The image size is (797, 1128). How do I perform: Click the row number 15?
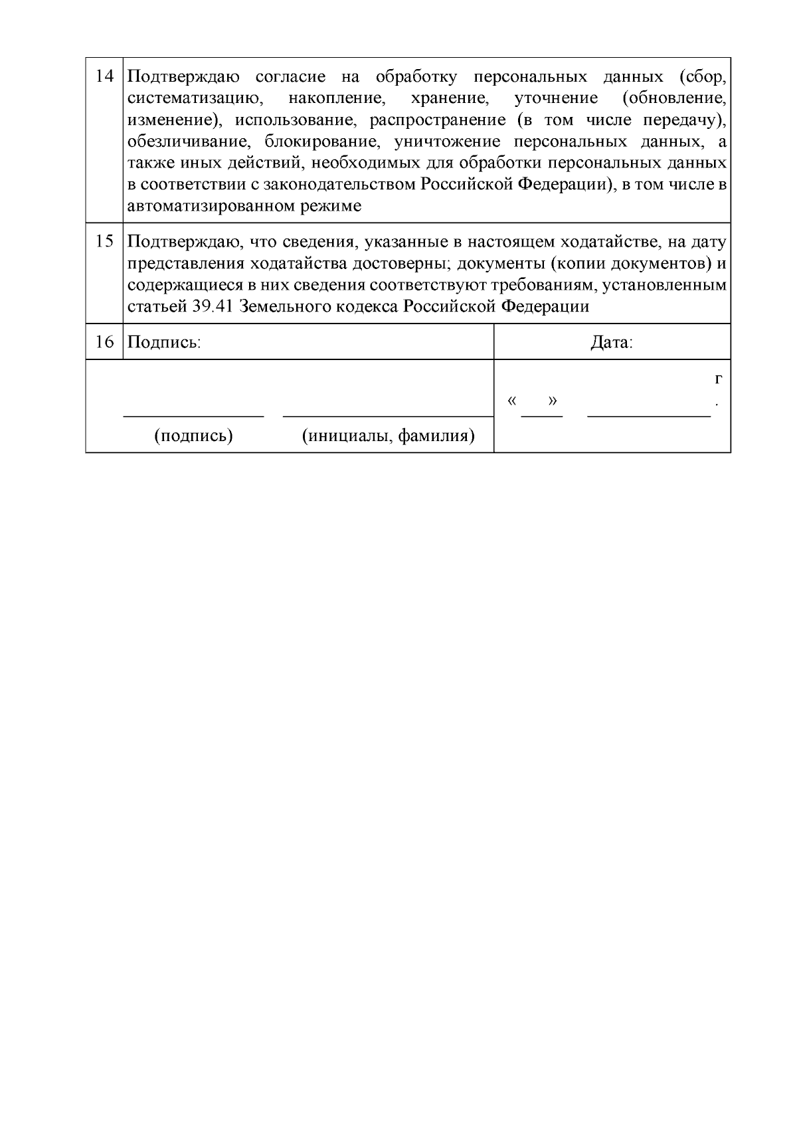(x=104, y=241)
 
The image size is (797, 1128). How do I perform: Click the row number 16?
(x=104, y=342)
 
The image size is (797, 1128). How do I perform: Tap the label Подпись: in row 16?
(x=163, y=343)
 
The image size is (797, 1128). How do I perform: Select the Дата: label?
(x=612, y=343)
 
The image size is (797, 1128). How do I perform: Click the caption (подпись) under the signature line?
(x=193, y=436)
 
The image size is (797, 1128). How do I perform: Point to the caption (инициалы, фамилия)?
(x=388, y=436)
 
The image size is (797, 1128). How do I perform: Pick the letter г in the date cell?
(x=718, y=379)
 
